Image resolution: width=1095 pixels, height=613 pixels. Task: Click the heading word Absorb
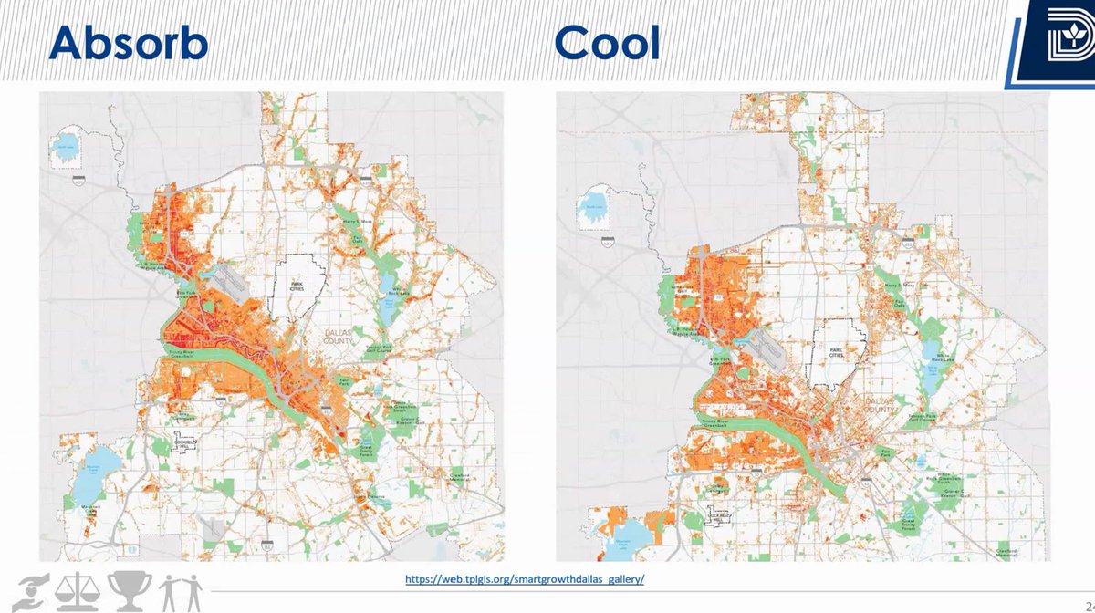(x=129, y=42)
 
